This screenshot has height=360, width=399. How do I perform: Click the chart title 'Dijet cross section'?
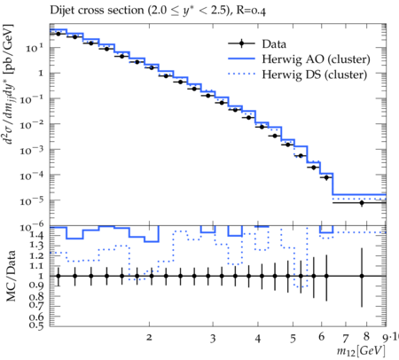[x=98, y=11]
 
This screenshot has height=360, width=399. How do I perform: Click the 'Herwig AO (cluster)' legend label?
[x=316, y=59]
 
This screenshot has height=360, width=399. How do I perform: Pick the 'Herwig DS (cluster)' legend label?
[x=315, y=74]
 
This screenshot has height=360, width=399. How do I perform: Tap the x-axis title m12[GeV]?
[x=361, y=351]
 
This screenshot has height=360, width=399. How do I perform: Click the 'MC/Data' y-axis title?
[x=11, y=276]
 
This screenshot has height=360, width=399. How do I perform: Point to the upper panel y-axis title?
[x=9, y=84]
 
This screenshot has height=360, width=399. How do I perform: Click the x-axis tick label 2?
[x=149, y=337]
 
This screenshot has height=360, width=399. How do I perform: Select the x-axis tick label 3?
[x=213, y=339]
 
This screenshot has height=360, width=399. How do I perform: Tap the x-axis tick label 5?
[x=293, y=339]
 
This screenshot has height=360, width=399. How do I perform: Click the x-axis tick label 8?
[x=366, y=336]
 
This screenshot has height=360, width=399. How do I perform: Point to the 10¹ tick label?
[x=35, y=48]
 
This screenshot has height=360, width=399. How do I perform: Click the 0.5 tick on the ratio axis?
[x=36, y=325]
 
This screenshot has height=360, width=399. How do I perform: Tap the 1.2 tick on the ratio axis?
[x=36, y=255]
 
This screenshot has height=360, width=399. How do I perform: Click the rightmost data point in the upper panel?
[x=362, y=203]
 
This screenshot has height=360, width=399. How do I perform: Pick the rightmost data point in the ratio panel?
[x=362, y=276]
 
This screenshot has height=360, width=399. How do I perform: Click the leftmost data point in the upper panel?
[x=59, y=34]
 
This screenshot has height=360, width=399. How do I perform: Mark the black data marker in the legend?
[x=241, y=43]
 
